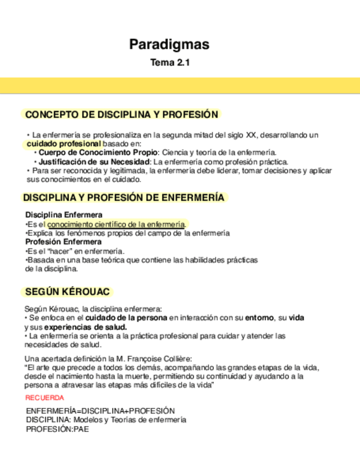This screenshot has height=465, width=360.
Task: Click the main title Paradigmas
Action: [x=169, y=44]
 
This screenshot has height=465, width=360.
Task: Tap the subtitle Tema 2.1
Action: [x=170, y=63]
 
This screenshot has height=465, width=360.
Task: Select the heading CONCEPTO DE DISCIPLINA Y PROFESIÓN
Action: [x=122, y=115]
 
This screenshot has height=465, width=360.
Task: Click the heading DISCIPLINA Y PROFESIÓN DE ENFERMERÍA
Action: [x=123, y=198]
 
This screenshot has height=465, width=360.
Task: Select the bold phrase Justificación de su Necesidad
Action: [x=94, y=162]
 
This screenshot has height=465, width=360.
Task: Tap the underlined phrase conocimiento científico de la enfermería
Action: [x=116, y=224]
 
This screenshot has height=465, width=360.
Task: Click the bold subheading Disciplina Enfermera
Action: [x=64, y=215]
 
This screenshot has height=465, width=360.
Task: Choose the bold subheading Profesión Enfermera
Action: [x=63, y=242]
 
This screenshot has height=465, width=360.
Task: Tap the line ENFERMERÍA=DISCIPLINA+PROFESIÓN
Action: [x=100, y=411]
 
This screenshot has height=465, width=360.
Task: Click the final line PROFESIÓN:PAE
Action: [x=57, y=429]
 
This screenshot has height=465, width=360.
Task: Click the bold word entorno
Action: [x=258, y=318]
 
